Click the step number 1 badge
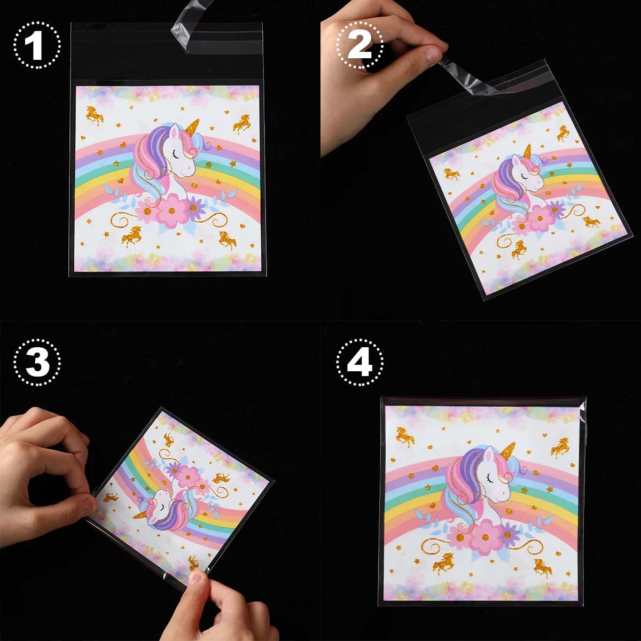click(37, 45)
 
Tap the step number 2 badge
click(359, 45)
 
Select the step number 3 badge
click(37, 362)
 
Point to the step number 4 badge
click(359, 362)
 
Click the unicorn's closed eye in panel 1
click(175, 154)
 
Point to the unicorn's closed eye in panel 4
click(490, 479)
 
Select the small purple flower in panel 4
click(509, 534)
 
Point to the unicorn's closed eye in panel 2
click(525, 175)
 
